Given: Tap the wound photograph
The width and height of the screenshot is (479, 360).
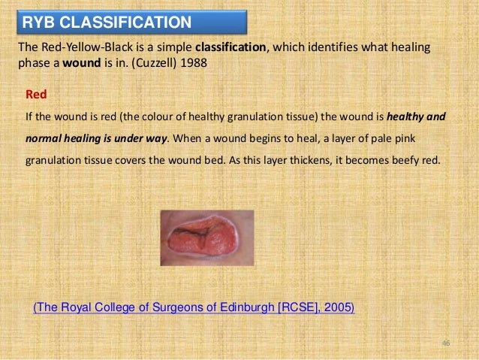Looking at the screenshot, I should [207, 237].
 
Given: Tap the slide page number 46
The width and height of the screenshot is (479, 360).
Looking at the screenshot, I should [445, 343].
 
